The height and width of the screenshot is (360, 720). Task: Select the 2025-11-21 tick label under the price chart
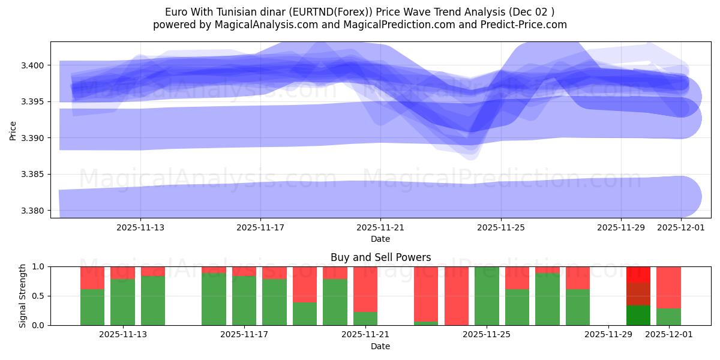tap(380, 228)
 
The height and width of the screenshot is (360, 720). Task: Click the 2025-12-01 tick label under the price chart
tap(680, 228)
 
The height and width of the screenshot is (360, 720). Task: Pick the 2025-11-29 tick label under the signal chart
tap(608, 335)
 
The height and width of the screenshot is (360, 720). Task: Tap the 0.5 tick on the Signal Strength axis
tap(40, 296)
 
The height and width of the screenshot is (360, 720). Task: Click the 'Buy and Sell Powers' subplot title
tap(380, 257)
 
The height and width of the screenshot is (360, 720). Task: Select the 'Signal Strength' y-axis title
tap(22, 296)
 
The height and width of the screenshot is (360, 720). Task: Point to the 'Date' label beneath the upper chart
tap(380, 239)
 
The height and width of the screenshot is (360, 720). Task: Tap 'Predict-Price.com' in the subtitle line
tap(525, 25)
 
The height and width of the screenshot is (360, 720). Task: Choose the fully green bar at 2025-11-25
tap(487, 296)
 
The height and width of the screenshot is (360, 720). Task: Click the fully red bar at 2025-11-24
tap(456, 296)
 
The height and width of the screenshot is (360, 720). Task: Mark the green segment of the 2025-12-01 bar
tap(668, 317)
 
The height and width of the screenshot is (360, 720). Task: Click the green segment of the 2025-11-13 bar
tap(153, 301)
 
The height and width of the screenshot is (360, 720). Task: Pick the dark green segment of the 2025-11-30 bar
tap(638, 316)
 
